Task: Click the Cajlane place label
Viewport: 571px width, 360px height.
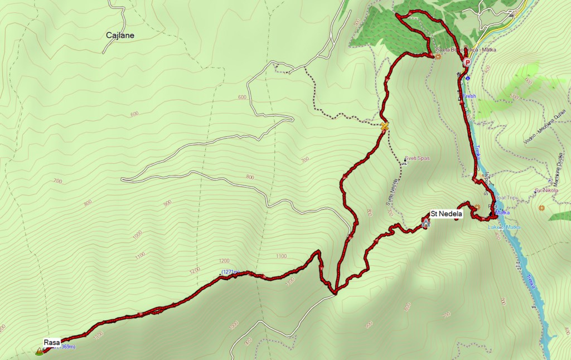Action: pyautogui.click(x=120, y=36)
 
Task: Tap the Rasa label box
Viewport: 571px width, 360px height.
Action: pyautogui.click(x=51, y=342)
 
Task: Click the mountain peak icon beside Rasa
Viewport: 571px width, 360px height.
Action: pyautogui.click(x=39, y=351)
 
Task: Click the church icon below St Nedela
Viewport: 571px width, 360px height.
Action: pyautogui.click(x=427, y=223)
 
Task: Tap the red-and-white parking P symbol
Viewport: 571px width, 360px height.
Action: pyautogui.click(x=467, y=62)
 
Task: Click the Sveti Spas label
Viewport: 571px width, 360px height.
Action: pyautogui.click(x=415, y=159)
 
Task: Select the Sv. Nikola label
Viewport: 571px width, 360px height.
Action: pyautogui.click(x=546, y=191)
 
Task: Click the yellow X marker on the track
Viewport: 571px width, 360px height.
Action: pyautogui.click(x=384, y=127)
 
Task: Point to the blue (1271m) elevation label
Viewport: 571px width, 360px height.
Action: pyautogui.click(x=230, y=272)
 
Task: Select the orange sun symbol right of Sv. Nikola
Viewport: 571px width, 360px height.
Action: pyautogui.click(x=541, y=208)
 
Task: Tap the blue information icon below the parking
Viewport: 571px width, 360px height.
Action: pyautogui.click(x=468, y=77)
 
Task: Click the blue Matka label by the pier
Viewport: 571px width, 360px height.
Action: pyautogui.click(x=502, y=212)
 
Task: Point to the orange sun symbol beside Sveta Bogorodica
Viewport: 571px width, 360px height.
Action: pyautogui.click(x=438, y=56)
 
